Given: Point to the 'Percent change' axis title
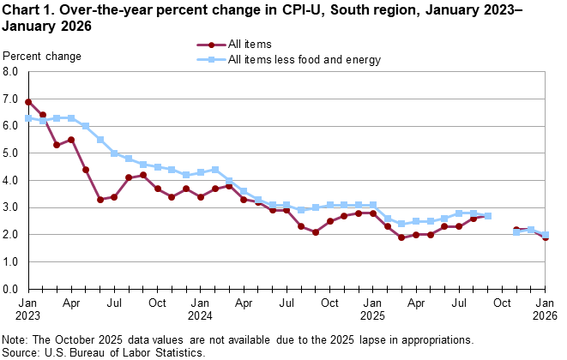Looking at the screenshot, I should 43,57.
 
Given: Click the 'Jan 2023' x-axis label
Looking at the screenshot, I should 28,309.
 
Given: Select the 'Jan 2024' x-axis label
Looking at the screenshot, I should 201,309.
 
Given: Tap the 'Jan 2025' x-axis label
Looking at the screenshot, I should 373,309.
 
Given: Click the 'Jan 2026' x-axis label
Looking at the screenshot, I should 546,309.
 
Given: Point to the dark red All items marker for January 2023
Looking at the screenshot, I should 28,102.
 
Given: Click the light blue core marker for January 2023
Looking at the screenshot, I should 28,118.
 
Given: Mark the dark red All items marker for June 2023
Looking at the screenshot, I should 100,200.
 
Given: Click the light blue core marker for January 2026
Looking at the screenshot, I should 546,234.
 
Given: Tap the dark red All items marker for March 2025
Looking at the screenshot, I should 401,237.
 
